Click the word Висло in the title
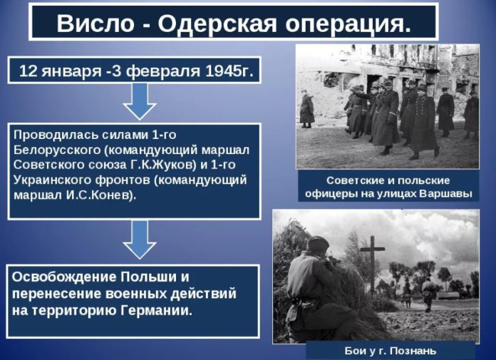(95, 24)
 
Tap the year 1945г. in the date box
(229, 71)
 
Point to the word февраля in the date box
(163, 71)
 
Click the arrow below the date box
(140, 101)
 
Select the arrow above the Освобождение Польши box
(140, 240)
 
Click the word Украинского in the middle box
(53, 180)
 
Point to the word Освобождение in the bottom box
(64, 277)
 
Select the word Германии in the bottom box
(157, 310)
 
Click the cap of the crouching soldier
(318, 243)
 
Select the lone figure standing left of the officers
(306, 109)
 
